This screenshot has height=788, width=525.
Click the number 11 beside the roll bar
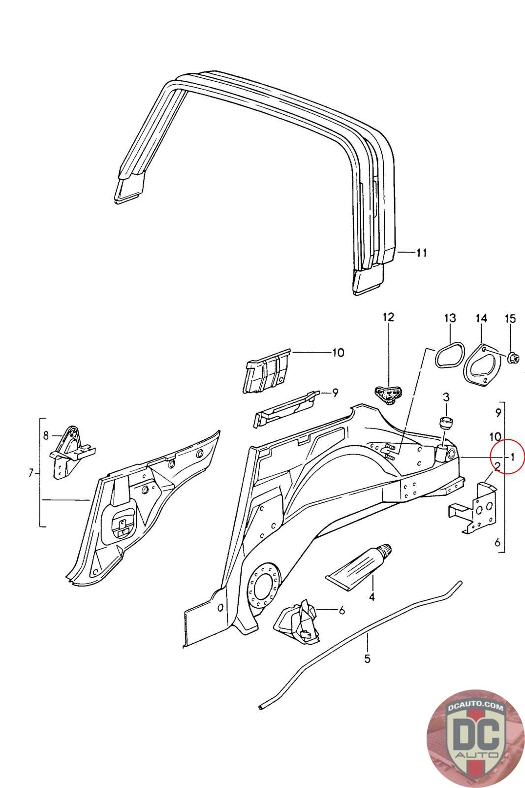tap(421, 253)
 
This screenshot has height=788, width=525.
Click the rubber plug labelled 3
tap(446, 423)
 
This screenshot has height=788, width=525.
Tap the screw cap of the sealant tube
tap(387, 548)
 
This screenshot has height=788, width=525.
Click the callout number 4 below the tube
tap(371, 597)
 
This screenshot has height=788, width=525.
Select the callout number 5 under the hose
tap(367, 658)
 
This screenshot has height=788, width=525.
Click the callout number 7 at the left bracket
tap(31, 474)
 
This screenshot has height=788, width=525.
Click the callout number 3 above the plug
tap(446, 396)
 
